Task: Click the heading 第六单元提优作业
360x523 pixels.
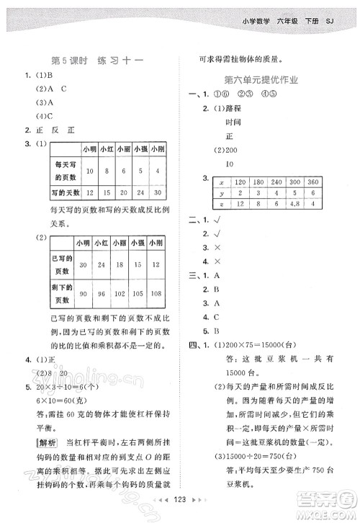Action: tap(261, 80)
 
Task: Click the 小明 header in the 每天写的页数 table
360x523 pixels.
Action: tap(89, 148)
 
